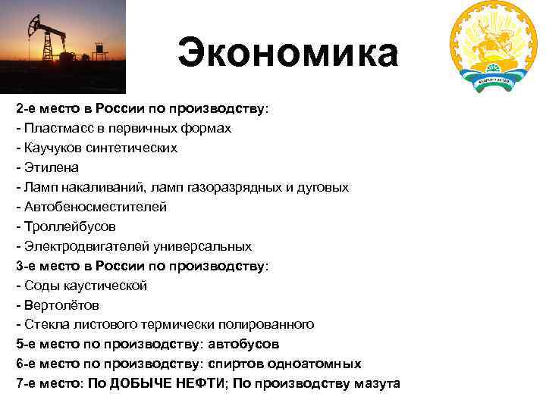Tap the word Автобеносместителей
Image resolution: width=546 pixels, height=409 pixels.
(96, 207)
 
